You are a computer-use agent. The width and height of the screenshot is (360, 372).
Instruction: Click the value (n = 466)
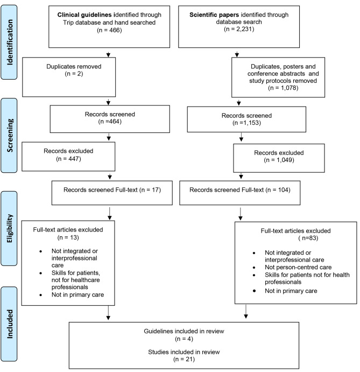pos(109,31)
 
